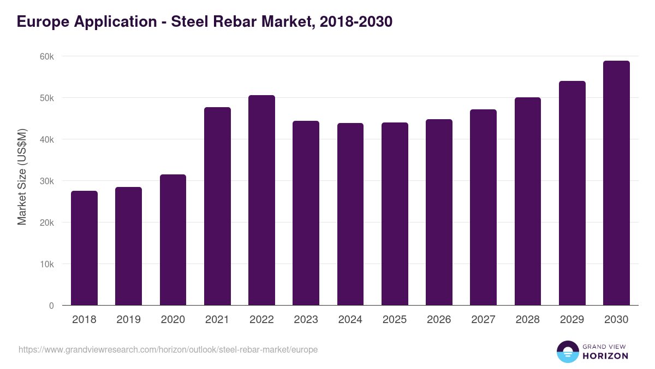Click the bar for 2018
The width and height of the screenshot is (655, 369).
click(x=84, y=248)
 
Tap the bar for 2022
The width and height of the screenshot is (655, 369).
click(x=261, y=200)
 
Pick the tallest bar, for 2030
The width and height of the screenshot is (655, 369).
click(x=616, y=183)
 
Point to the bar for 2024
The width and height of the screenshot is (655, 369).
click(x=350, y=214)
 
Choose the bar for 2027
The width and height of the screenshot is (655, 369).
click(x=483, y=207)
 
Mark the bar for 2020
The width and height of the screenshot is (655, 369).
click(x=173, y=240)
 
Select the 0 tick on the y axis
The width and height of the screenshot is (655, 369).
click(x=51, y=306)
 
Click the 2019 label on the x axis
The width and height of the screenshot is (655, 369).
click(x=128, y=320)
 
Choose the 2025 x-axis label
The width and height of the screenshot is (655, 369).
click(x=395, y=320)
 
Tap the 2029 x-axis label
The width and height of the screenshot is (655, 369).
click(x=572, y=320)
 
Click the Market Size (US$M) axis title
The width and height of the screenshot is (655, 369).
click(x=22, y=177)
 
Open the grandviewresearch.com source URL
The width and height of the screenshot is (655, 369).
click(x=168, y=349)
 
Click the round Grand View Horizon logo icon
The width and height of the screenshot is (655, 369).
click(x=567, y=352)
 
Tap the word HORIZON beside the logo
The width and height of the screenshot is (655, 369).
click(x=605, y=356)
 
